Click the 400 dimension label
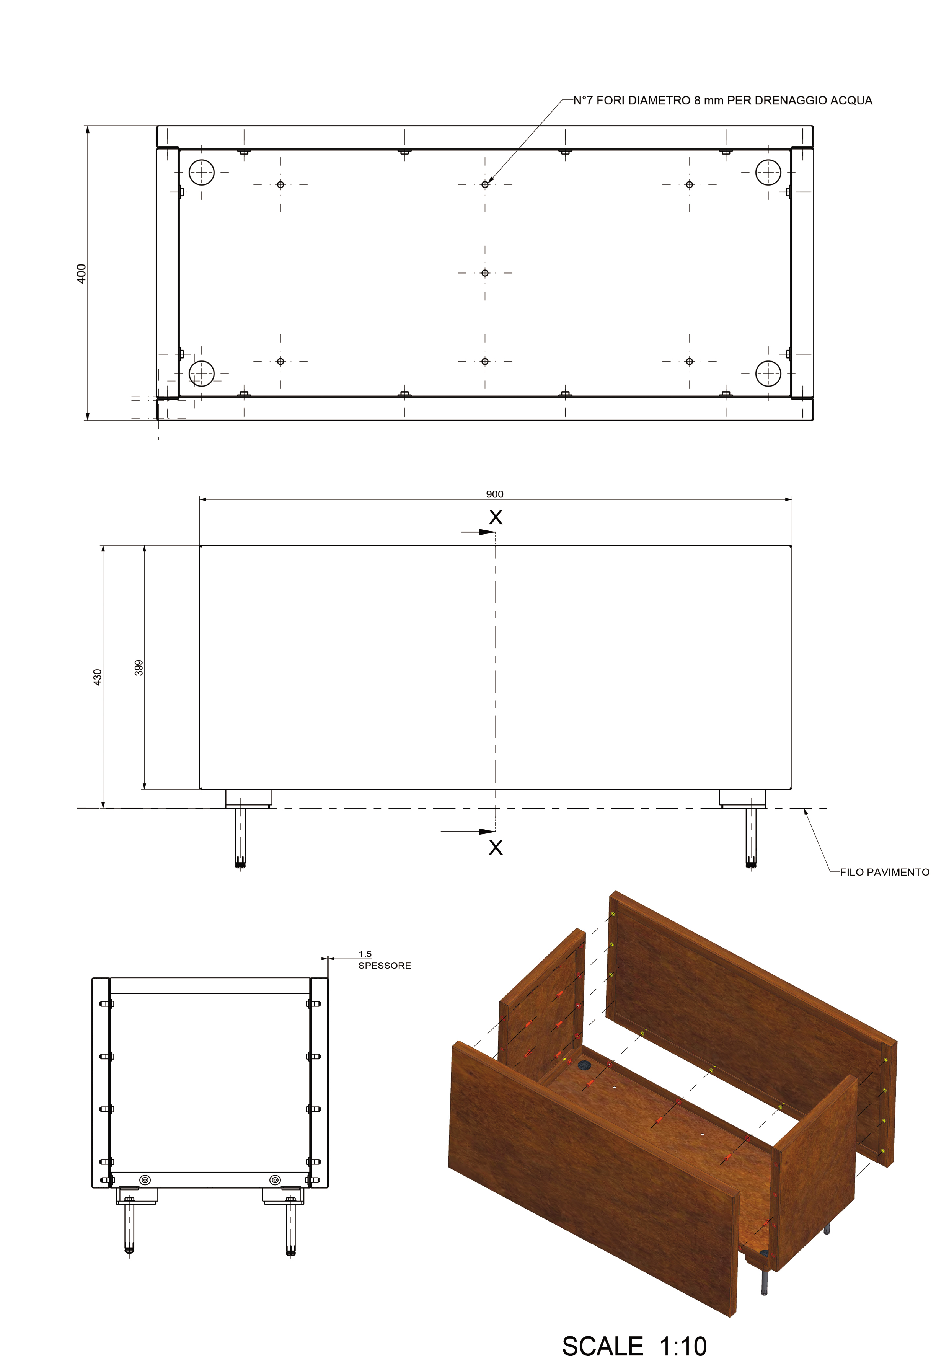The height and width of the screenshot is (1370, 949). (82, 274)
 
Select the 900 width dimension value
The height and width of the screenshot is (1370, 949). (495, 494)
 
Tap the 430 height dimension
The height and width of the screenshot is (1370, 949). (98, 677)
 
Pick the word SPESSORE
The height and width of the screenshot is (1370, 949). (385, 966)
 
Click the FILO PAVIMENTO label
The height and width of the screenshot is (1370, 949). (884, 872)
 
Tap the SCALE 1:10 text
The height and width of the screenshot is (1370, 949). (634, 1346)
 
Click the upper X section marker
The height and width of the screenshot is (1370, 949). (495, 517)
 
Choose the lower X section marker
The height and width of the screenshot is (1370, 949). (495, 847)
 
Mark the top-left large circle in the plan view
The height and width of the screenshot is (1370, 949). (202, 173)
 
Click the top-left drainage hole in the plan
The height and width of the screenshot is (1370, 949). (280, 184)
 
